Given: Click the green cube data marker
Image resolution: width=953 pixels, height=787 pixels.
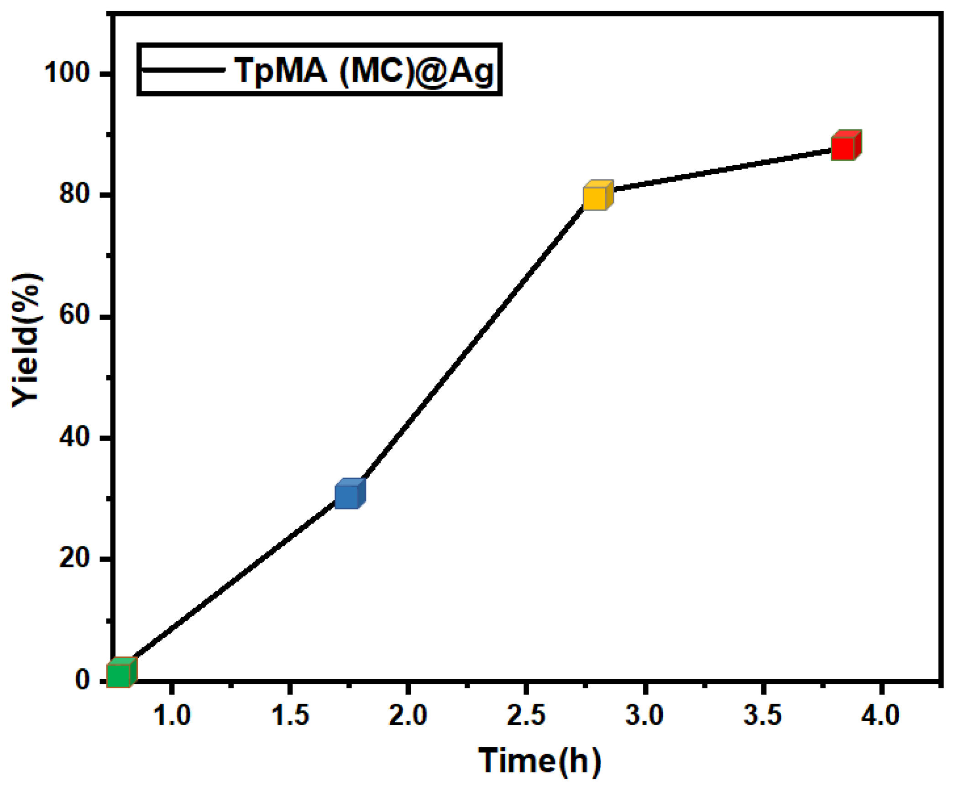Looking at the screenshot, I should pyautogui.click(x=121, y=673).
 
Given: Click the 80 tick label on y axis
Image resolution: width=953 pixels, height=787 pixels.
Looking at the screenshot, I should pyautogui.click(x=74, y=194).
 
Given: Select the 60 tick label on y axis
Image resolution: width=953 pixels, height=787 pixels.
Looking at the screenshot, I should pyautogui.click(x=74, y=315).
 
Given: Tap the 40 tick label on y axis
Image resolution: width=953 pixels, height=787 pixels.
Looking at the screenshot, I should pyautogui.click(x=74, y=437).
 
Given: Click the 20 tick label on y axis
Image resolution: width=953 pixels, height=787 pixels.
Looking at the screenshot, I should pyautogui.click(x=74, y=558).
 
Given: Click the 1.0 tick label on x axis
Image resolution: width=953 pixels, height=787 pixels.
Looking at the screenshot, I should pyautogui.click(x=172, y=715).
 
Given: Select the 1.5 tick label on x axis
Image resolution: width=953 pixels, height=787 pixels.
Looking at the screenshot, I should pyautogui.click(x=290, y=715).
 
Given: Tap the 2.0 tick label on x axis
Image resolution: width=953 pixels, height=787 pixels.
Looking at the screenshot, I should pyautogui.click(x=408, y=715).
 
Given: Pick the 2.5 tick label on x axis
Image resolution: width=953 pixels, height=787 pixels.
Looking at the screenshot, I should pyautogui.click(x=526, y=715).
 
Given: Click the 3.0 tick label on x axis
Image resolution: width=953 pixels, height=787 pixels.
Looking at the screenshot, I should pyautogui.click(x=644, y=715).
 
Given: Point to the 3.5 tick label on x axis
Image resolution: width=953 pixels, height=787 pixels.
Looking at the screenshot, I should pyautogui.click(x=762, y=715).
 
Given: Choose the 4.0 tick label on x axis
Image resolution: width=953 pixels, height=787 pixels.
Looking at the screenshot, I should pyautogui.click(x=880, y=715).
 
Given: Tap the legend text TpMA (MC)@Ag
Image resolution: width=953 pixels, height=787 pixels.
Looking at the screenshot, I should pyautogui.click(x=364, y=71).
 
